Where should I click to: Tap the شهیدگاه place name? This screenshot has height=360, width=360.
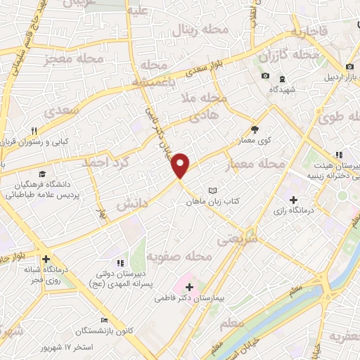point(282,90)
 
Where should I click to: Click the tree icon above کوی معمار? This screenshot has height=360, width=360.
point(255,129)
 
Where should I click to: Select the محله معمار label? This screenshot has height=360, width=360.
point(255,164)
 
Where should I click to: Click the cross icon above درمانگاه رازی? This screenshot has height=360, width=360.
point(292,199)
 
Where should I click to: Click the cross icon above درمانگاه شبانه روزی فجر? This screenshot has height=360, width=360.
point(46,259)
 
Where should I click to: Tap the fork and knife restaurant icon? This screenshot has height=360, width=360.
point(34,130)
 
